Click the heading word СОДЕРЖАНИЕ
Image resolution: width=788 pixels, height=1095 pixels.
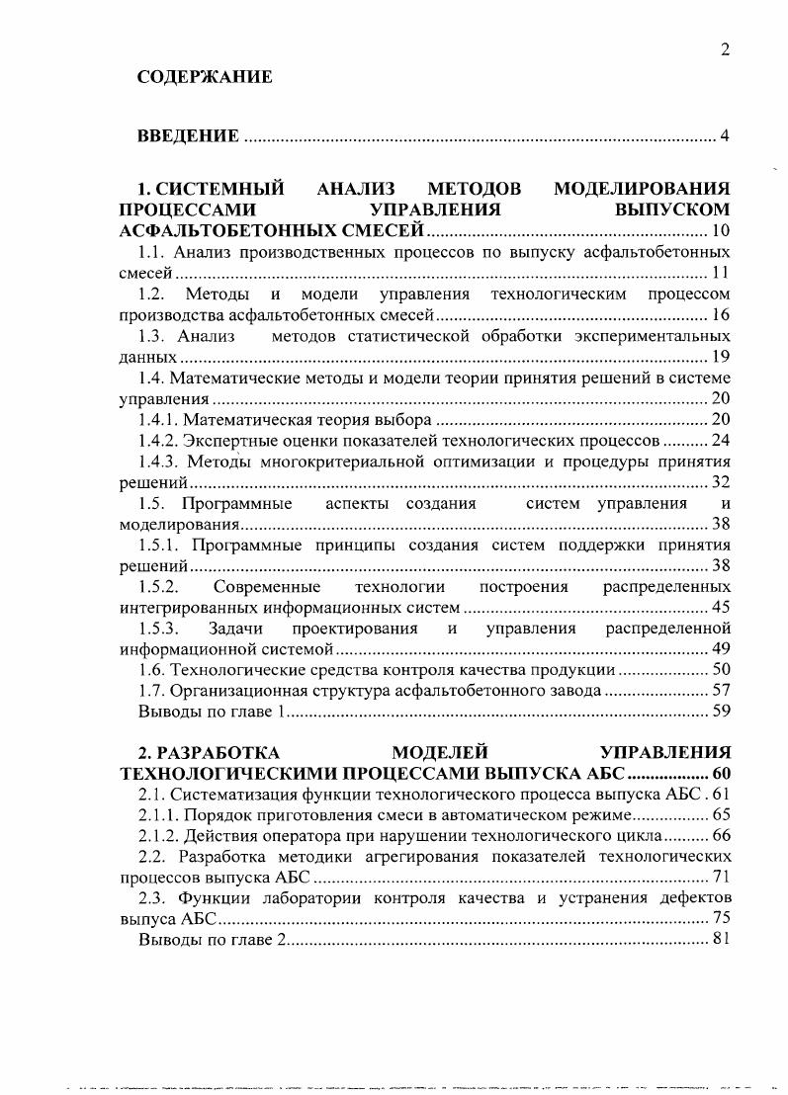(x=205, y=76)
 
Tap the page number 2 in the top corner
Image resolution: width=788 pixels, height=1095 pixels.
(x=725, y=50)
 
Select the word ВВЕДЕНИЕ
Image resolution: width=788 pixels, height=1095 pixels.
(x=188, y=135)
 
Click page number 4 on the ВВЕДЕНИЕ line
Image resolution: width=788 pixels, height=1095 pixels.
(x=725, y=135)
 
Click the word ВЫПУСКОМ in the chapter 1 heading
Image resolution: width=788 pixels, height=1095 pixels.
(x=671, y=210)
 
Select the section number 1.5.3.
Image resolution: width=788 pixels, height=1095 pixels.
(x=157, y=629)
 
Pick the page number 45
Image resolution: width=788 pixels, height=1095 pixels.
(x=721, y=607)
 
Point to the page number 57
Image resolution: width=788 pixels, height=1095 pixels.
(x=721, y=690)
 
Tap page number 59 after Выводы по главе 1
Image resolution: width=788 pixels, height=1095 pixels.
(x=721, y=711)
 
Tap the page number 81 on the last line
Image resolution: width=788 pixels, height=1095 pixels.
(x=721, y=939)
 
